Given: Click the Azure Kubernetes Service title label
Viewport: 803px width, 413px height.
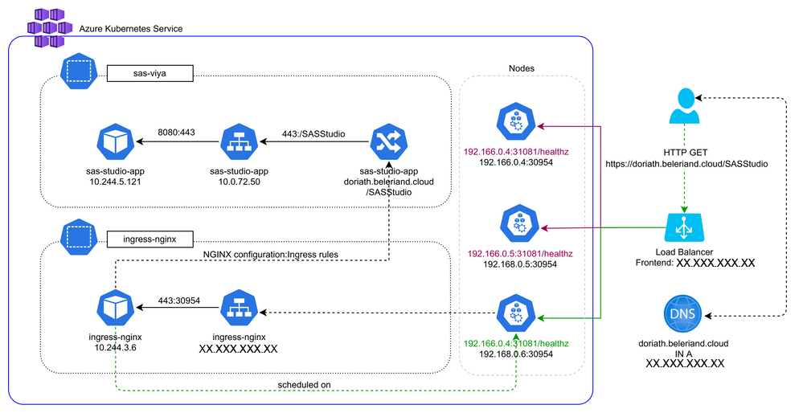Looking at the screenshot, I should (x=131, y=28).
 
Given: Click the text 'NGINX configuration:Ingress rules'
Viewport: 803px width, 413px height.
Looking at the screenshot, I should (x=271, y=254).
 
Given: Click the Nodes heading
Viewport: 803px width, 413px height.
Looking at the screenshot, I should (x=522, y=69).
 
